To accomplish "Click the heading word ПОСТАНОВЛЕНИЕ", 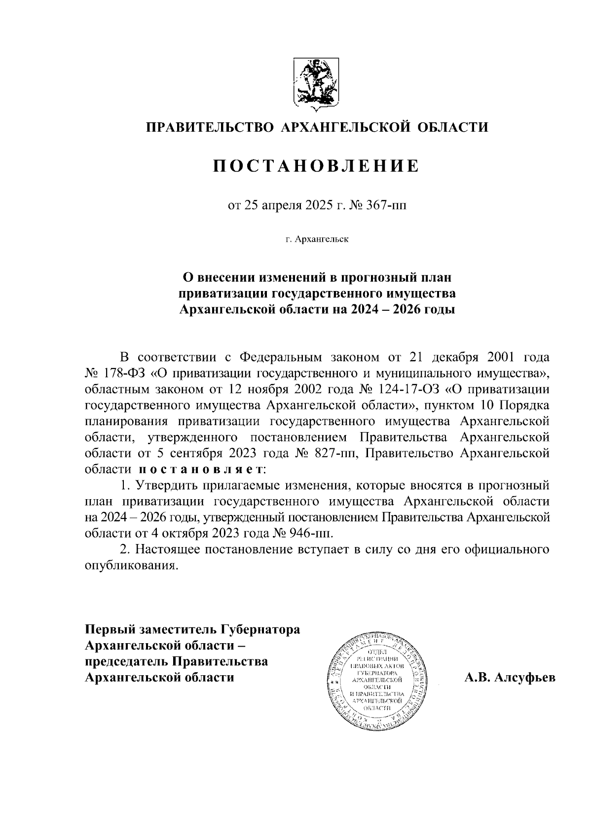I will coord(316,166).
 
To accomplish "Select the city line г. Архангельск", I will coord(316,240).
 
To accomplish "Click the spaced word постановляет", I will coord(200,469).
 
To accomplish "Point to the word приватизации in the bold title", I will coord(222,293).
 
